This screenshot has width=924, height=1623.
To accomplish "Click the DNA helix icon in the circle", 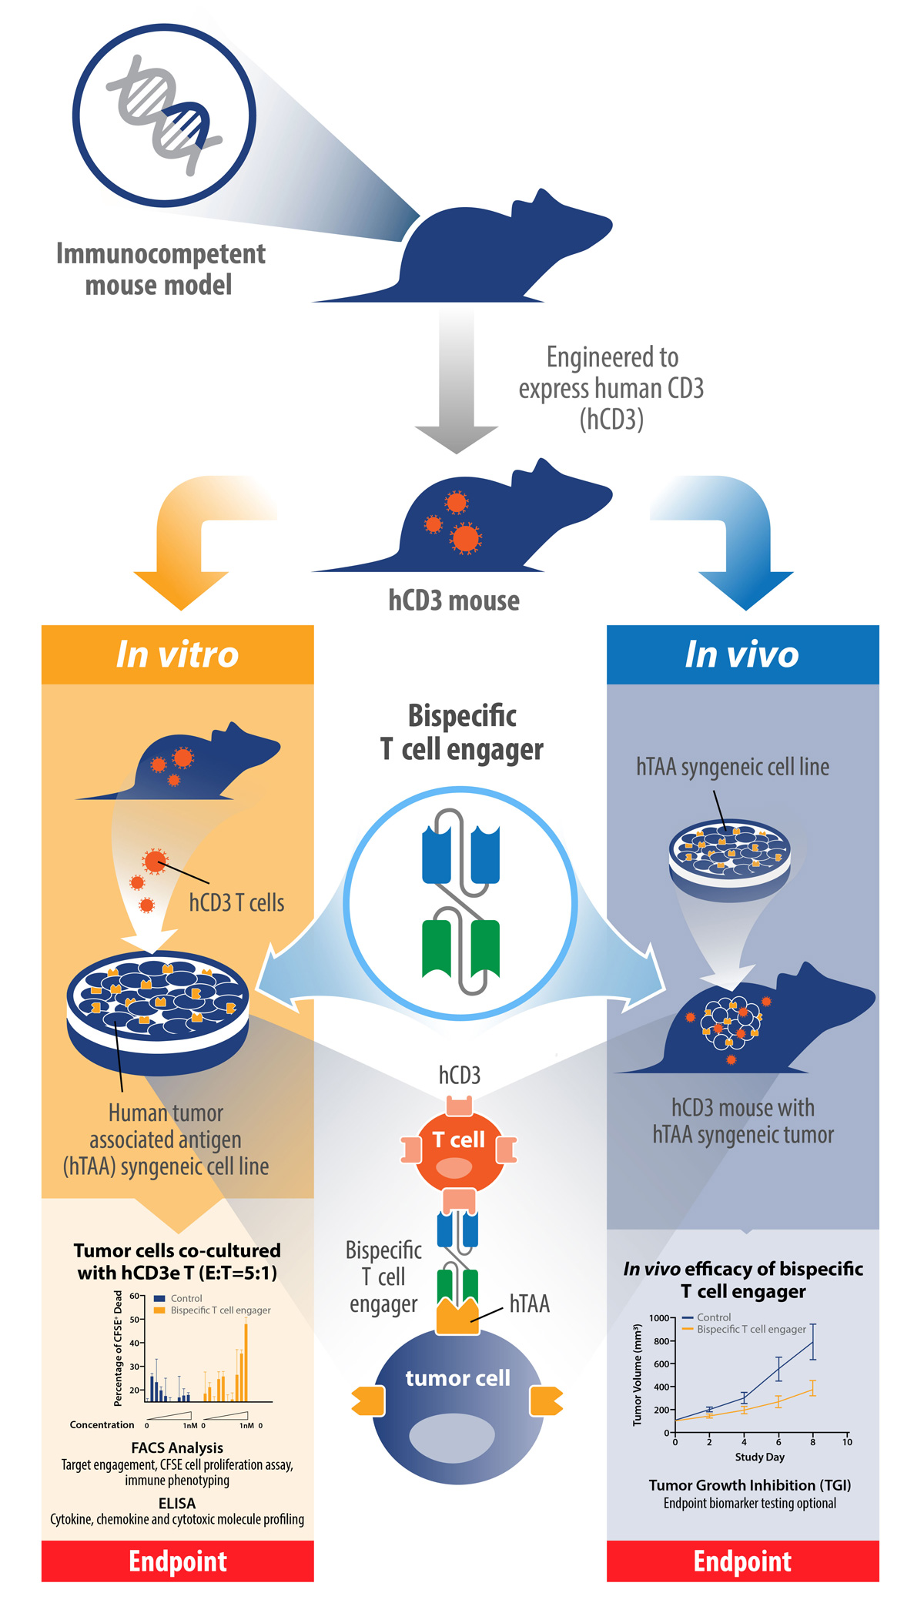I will pos(164,115).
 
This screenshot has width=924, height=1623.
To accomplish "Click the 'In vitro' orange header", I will pos(177,654).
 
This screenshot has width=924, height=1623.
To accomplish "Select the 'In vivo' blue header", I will pos(742,654).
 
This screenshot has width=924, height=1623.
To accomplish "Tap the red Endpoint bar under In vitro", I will pos(177,1561).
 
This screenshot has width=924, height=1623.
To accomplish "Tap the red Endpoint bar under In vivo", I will pos(742,1561).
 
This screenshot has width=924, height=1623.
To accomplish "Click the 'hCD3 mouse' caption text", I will pos(454,601).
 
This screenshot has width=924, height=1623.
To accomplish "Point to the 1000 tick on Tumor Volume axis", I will pos(659,1318).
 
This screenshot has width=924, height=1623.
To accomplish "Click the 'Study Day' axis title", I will pos(759,1457).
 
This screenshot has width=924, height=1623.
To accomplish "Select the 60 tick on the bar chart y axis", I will pos(134,1297).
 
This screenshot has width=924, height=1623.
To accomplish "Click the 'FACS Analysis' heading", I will pos(177,1447).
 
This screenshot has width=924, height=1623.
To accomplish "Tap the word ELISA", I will pos(177,1503).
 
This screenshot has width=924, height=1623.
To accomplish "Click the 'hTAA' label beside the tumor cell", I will pos(530,1303).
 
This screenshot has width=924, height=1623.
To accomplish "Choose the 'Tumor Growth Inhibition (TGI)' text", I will pos(749,1485).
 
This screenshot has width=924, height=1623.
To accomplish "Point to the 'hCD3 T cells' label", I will pos(236,902).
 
